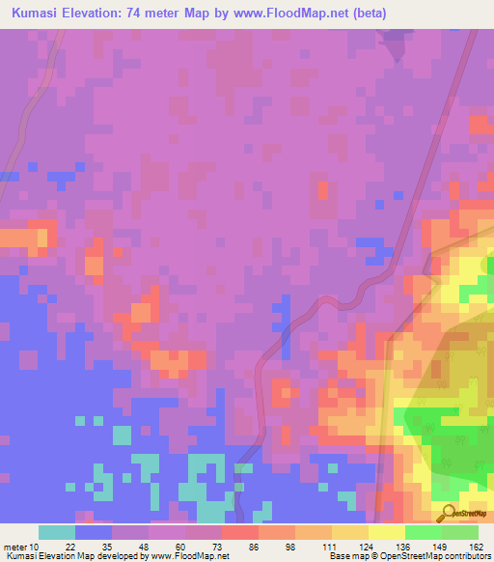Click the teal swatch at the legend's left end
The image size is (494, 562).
(57, 532)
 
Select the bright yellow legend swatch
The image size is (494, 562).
(386, 532)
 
